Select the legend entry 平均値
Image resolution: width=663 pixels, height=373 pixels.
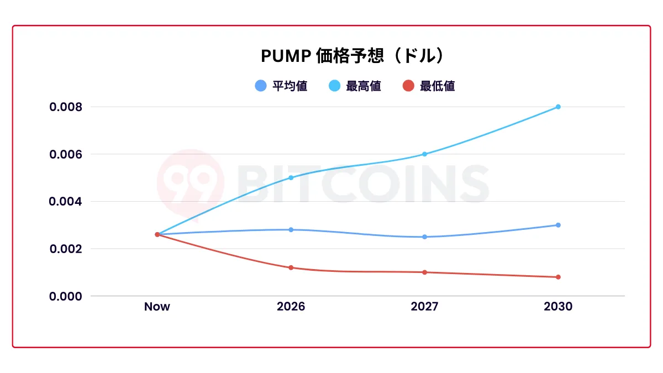pos(282,86)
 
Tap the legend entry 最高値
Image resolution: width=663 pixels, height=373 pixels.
pos(355,86)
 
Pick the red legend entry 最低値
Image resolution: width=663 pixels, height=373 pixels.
pos(429,86)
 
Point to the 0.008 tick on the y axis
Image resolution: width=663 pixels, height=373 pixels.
pos(65,107)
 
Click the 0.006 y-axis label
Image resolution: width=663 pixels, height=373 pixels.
pos(65,154)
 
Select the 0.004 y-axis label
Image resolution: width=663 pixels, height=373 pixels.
pos(65,202)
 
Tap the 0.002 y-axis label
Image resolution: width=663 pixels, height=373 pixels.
pos(65,249)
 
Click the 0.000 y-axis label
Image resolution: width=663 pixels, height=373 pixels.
pos(65,296)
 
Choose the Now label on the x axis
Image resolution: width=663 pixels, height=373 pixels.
pos(157,307)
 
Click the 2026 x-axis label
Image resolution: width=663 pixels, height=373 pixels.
pos(291,307)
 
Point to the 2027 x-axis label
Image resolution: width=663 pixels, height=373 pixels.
pos(424,307)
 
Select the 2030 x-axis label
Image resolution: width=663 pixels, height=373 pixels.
pos(558,307)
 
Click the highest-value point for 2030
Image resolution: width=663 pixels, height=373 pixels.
pos(558,107)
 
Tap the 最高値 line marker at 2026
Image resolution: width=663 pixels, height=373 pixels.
pos(291,177)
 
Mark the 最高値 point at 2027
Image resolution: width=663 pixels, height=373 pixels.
pos(424,154)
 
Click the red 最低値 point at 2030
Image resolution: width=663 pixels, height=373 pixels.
pos(558,277)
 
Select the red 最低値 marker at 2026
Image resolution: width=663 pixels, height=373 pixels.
pos(291,267)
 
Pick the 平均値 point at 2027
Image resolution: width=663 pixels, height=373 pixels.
pos(424,237)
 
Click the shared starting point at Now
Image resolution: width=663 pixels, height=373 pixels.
pos(157,234)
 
